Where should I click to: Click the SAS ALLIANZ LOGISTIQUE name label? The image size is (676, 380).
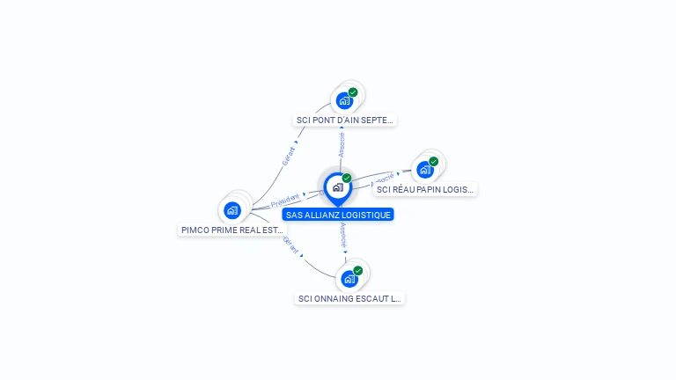[x=338, y=215]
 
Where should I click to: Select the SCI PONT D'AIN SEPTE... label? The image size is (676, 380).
[x=345, y=120]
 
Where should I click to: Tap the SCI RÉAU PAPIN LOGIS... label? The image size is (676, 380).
[x=425, y=189]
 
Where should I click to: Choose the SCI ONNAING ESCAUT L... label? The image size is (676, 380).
[x=349, y=298]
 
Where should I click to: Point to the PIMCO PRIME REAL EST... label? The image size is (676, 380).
[x=232, y=230]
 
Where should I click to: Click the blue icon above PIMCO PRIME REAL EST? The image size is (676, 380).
[x=232, y=209]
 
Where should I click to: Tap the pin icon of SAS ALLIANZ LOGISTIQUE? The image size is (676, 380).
[x=337, y=187]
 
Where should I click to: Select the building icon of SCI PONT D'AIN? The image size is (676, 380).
[x=344, y=100]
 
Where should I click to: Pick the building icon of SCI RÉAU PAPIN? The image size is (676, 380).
[x=425, y=170]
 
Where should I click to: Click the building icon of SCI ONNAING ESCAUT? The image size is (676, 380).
[x=349, y=279]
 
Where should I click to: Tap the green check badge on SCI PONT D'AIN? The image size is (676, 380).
[x=353, y=92]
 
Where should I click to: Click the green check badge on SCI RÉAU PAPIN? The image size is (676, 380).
[x=434, y=162]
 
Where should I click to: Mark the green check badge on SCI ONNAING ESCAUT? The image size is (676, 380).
[x=358, y=271]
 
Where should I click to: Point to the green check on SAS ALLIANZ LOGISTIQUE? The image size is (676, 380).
[x=347, y=179]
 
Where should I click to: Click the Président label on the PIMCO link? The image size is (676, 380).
[x=285, y=201]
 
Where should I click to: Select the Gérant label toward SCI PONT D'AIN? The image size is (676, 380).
[x=288, y=156]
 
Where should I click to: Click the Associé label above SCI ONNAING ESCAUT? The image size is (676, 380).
[x=343, y=235]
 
